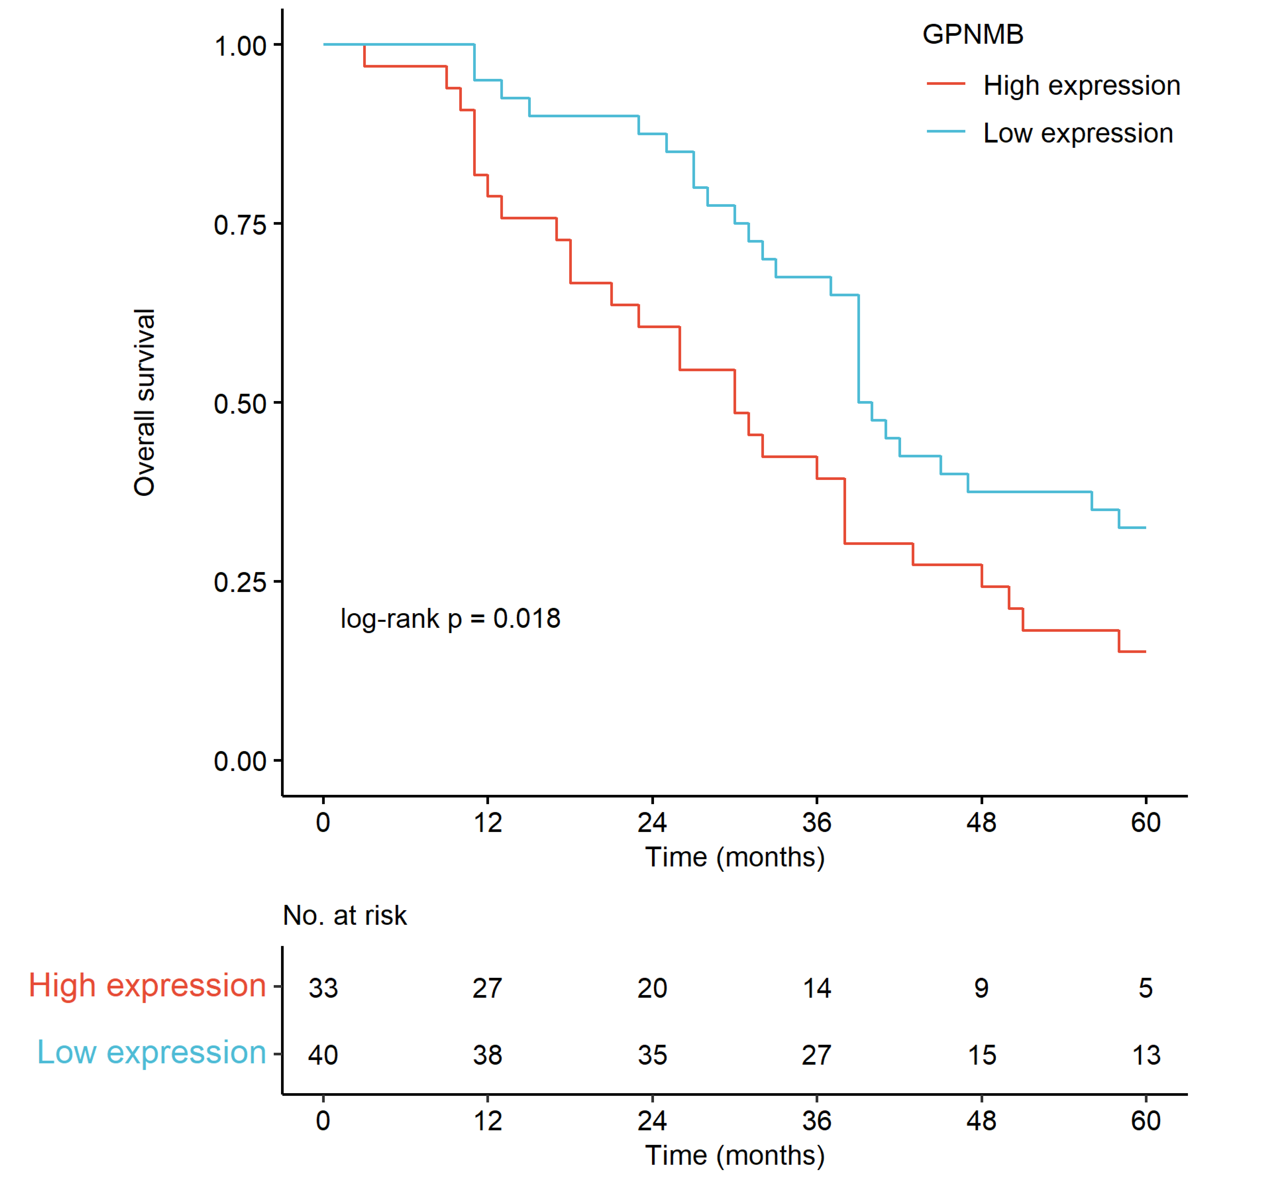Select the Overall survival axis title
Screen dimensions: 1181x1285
coord(144,403)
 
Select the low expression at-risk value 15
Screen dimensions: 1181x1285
coord(982,1055)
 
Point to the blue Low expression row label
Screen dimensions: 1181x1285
coord(151,1052)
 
